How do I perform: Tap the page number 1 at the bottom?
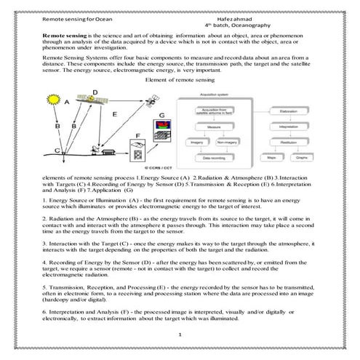pos(180,335)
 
